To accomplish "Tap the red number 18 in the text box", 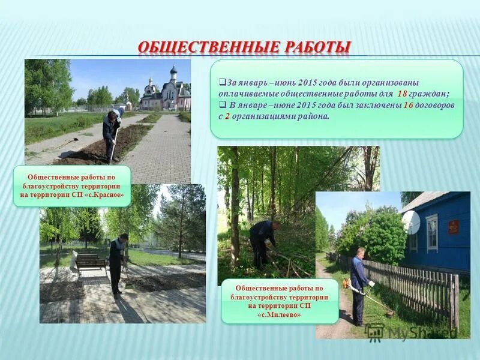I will [402, 94].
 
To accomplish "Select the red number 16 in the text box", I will [408, 105].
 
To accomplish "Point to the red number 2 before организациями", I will [228, 116].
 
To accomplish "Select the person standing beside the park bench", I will [118, 264].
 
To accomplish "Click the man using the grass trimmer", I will [359, 285].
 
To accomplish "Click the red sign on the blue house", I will [454, 227].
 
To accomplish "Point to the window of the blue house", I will [432, 233].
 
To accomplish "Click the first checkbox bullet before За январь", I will [221, 82].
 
